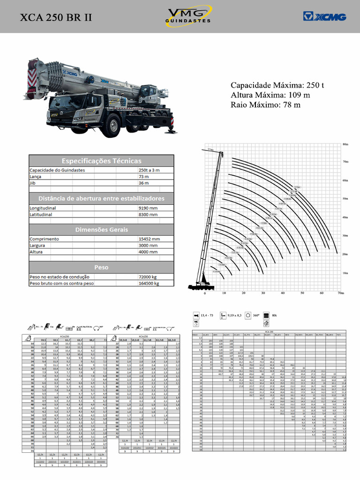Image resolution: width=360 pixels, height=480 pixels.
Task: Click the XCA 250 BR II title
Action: point(56,17)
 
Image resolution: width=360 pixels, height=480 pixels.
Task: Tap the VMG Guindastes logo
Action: point(188,16)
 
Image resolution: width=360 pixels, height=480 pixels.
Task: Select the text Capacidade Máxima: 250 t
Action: point(277,85)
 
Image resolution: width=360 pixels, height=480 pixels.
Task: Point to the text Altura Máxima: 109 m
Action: point(270,95)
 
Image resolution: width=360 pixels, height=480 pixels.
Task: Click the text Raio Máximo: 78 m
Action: point(265,105)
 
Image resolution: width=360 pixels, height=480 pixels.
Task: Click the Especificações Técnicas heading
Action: point(101,160)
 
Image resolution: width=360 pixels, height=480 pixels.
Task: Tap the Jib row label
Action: point(32,183)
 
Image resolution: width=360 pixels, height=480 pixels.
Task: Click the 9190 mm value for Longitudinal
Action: point(148,208)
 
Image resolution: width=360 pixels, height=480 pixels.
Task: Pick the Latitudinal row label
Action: point(42,215)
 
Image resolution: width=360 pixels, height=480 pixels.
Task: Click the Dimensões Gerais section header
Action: point(101,230)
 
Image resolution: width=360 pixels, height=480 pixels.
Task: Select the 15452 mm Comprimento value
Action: point(149,239)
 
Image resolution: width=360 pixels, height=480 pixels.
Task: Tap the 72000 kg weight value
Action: point(148,277)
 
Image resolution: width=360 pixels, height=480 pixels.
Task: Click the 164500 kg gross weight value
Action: point(149,284)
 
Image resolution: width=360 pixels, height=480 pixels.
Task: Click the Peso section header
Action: point(101,267)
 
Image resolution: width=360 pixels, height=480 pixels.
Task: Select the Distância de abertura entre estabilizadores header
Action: point(101,198)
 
